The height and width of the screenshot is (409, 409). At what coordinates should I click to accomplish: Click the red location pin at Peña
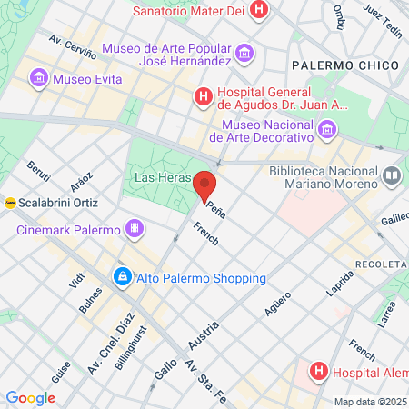[x=205, y=185]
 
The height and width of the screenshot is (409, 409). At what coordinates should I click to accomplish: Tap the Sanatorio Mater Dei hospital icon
[x=261, y=12]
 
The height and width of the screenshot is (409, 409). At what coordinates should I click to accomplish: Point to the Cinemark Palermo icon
[x=135, y=226]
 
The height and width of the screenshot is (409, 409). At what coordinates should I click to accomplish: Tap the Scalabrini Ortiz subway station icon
[x=9, y=203]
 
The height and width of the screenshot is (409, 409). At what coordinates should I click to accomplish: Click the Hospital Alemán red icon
[x=319, y=371]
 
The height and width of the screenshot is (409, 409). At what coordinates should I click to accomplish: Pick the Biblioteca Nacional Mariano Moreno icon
[x=392, y=173]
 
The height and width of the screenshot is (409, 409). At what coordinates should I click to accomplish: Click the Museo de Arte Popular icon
[x=243, y=55]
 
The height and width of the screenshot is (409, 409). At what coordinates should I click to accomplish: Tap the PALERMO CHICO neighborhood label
[x=340, y=65]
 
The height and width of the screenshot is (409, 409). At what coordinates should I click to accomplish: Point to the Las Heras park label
[x=161, y=177]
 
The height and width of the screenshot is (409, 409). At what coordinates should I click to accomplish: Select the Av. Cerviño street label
[x=72, y=45]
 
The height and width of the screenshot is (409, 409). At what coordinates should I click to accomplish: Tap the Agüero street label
[x=278, y=308]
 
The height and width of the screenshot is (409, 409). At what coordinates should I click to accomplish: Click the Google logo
[x=30, y=397]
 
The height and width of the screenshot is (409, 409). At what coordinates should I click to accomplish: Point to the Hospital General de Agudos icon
[x=204, y=95]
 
